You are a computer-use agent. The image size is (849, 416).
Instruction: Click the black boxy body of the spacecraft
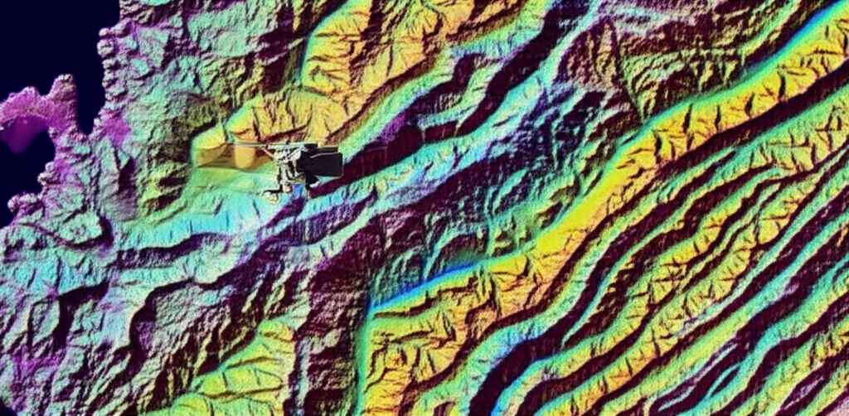[x=323, y=162]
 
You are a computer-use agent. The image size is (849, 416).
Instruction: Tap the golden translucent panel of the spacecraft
[x=228, y=156]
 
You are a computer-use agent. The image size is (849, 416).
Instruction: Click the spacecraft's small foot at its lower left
[x=270, y=193]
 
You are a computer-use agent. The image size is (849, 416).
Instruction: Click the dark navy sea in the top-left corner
[x=41, y=41]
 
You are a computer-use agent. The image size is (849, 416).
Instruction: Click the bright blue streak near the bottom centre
[x=415, y=290]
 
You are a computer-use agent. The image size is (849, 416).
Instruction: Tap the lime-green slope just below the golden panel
[x=232, y=186]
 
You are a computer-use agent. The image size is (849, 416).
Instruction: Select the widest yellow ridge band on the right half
[x=580, y=215]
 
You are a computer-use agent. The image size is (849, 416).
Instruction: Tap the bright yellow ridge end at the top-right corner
[x=821, y=41]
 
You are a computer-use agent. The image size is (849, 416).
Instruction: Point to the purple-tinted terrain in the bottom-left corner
[x=25, y=373]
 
